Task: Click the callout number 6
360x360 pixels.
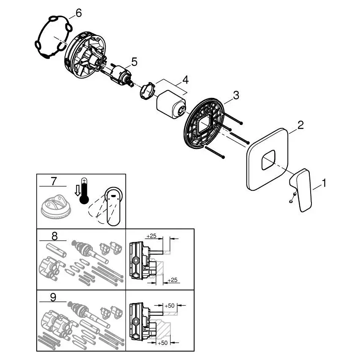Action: pos(78,14)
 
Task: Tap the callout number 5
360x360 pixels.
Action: pos(134,62)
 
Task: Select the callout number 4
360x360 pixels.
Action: pos(185,80)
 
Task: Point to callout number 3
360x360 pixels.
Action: pos(236,95)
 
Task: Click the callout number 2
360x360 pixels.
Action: pos(300,125)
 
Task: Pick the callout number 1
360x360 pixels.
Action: pos(324,183)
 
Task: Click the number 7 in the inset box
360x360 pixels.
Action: pos(54,181)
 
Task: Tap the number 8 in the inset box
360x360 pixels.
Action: pos(54,236)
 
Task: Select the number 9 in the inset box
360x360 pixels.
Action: pos(53,297)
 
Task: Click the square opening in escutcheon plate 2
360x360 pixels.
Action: pos(268,160)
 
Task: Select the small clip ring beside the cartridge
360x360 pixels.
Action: pos(147,91)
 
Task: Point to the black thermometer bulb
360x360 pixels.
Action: pos(84,199)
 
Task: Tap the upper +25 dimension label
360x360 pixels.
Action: pos(151,236)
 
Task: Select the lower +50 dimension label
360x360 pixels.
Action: pos(162,343)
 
